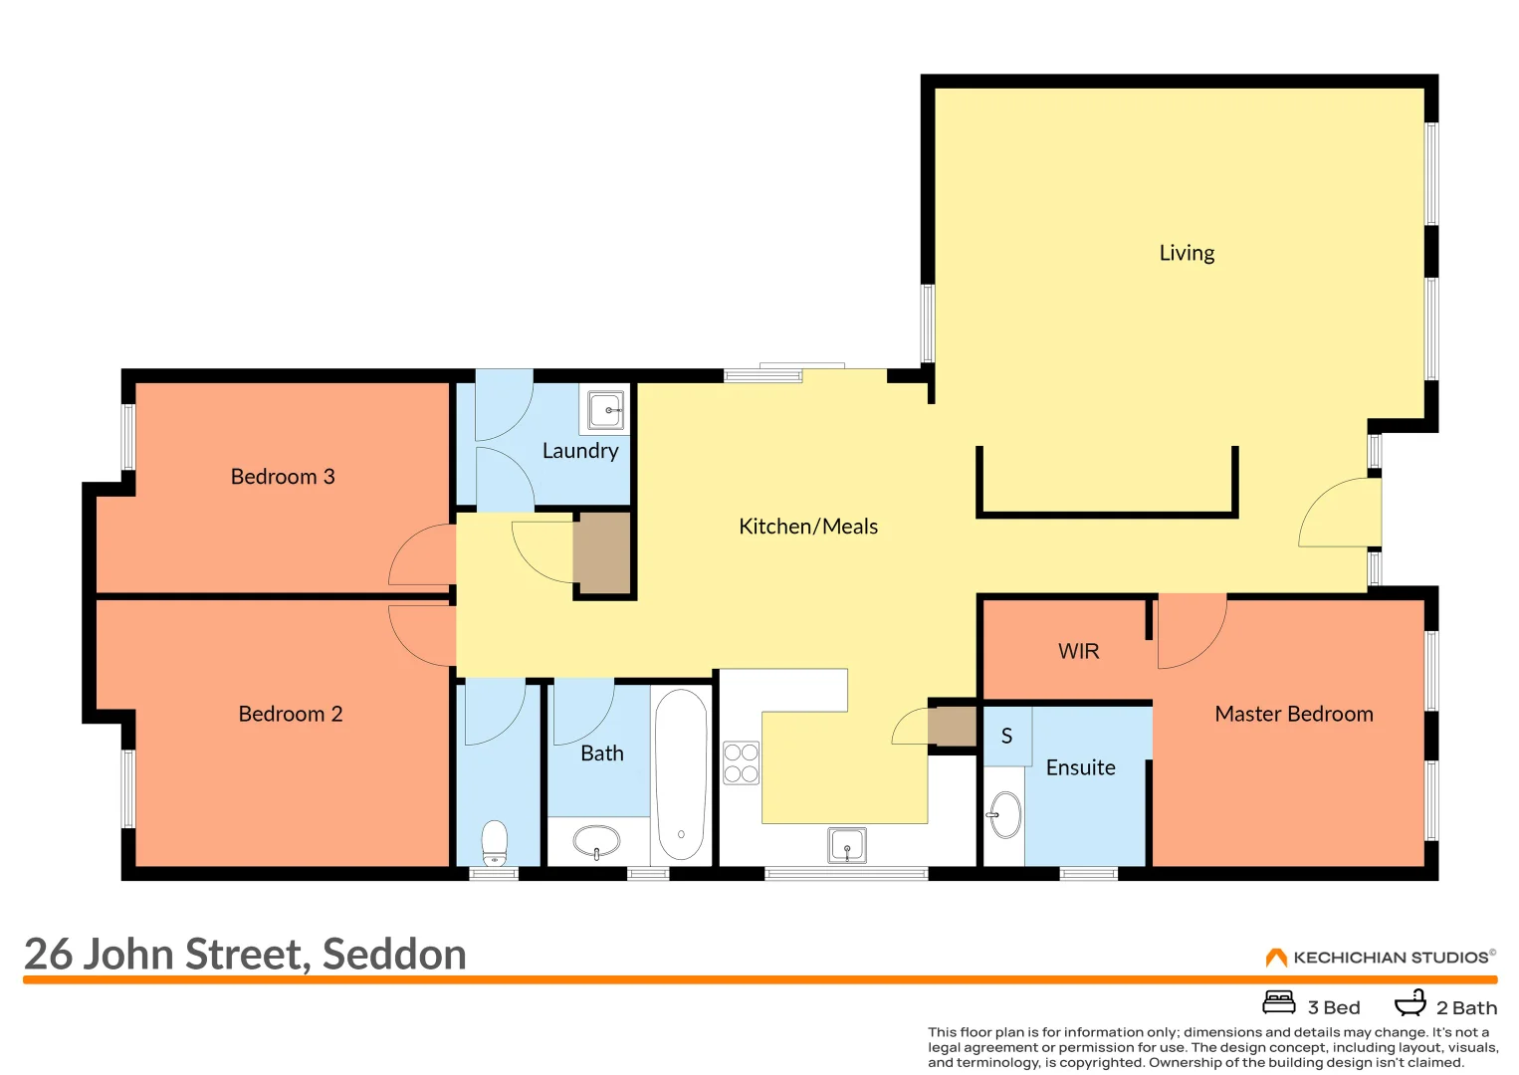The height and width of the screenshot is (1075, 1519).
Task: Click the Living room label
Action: coord(1187,253)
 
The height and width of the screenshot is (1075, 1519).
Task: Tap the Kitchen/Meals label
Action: coord(808,527)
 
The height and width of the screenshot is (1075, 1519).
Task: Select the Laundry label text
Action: coord(580,451)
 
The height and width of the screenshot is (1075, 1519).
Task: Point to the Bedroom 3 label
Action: coord(283,477)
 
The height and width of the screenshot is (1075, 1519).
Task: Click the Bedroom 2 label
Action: coord(291,714)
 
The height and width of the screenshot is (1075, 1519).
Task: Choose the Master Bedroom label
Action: coord(1294,714)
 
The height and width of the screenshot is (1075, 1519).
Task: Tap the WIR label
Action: coord(1079,651)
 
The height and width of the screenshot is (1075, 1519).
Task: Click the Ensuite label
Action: coord(1081,767)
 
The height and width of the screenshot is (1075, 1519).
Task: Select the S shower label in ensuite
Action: coord(1006,736)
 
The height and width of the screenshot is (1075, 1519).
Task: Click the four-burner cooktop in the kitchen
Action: coord(741,762)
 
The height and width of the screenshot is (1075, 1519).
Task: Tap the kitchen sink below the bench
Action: coord(847,845)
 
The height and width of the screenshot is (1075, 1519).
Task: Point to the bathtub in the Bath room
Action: coord(681,776)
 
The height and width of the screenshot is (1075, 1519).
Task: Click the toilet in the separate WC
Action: coord(494,842)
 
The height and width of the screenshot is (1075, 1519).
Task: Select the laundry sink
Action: coord(605,409)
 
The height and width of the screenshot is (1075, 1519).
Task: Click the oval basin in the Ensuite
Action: coord(1005,815)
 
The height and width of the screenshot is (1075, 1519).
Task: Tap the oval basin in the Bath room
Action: coord(596,841)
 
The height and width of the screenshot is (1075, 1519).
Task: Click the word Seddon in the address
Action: coord(394,955)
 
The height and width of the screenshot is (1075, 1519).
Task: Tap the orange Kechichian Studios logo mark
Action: coord(1276,958)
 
